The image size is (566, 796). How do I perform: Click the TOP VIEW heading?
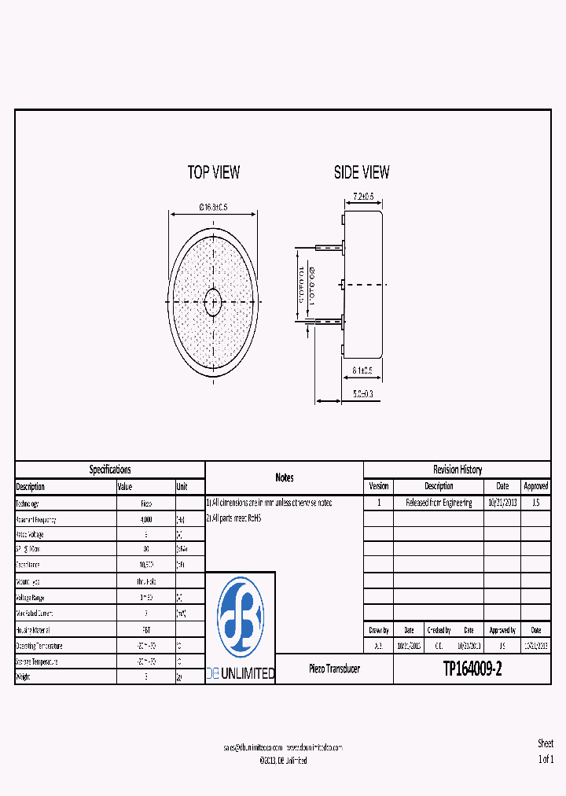tap(213, 172)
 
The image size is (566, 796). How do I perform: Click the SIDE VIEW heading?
tap(362, 172)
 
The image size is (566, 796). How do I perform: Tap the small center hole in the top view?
tap(213, 301)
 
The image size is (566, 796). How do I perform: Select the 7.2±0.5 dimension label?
tap(362, 196)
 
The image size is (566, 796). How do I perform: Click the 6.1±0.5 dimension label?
tap(362, 370)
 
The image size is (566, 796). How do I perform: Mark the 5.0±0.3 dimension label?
tap(363, 393)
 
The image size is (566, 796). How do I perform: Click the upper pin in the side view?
tap(329, 246)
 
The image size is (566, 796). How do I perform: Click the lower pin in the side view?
tap(329, 320)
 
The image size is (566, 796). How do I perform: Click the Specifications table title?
tap(110, 470)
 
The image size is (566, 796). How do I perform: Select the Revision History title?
tap(457, 470)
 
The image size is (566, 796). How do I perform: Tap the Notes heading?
tap(285, 477)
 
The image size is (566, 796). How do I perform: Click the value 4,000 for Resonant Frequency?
tap(146, 520)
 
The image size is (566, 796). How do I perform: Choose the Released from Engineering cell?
tap(439, 503)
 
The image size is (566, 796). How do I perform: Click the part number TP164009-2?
tap(472, 669)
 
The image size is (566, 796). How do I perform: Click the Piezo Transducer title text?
tap(334, 669)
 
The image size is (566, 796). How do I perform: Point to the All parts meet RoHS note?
tap(233, 518)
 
